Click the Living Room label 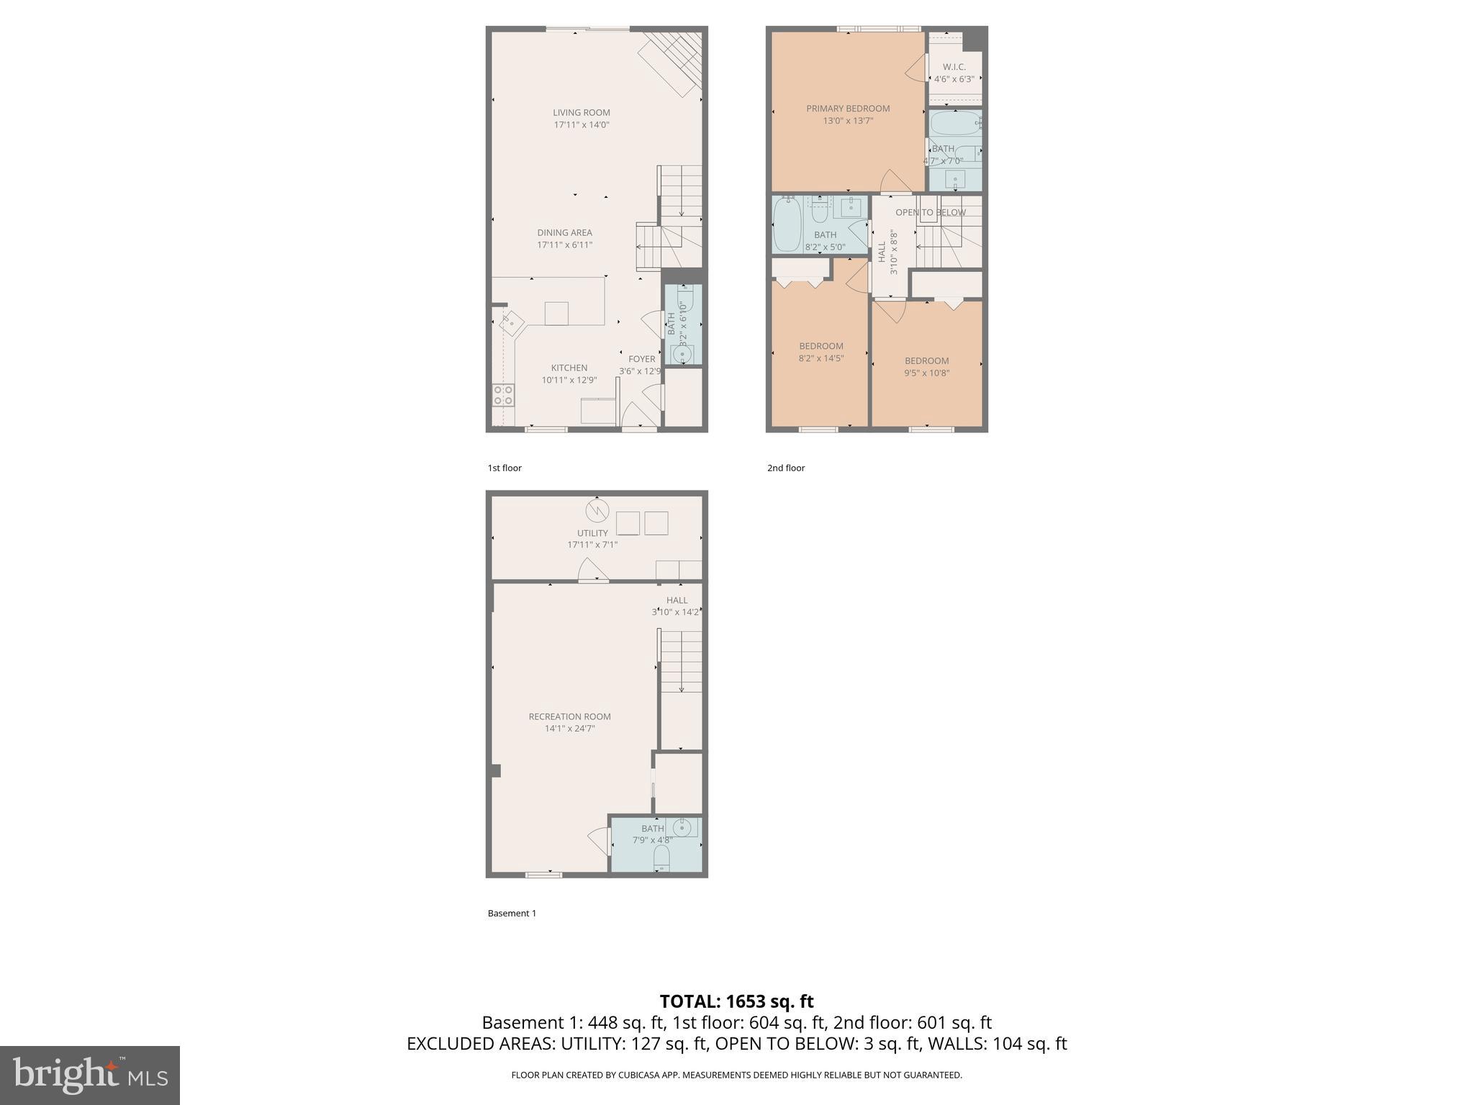click(581, 112)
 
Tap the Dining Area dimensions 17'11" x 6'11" click(564, 245)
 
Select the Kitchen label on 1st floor click(569, 368)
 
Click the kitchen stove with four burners click(503, 395)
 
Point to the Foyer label click(641, 359)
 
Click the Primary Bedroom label click(848, 109)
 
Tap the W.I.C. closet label click(954, 67)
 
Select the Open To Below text click(930, 212)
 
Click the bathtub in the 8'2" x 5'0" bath click(786, 224)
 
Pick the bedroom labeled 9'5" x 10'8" click(926, 366)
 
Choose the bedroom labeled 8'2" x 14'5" click(820, 351)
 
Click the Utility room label click(592, 533)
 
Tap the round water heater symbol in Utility click(597, 510)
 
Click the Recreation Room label click(569, 717)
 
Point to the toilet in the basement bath click(661, 858)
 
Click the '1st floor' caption click(505, 468)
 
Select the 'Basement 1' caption click(512, 913)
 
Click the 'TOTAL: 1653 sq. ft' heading click(736, 1001)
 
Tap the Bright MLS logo click(90, 1075)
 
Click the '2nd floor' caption click(786, 468)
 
